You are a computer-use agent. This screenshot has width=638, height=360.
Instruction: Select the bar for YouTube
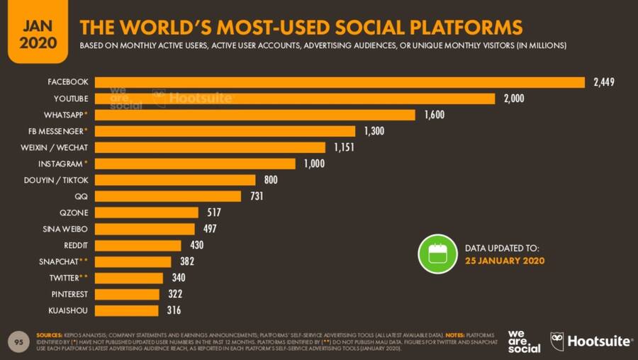coord(294,99)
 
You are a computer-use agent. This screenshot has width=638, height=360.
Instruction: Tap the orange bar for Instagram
coord(194,164)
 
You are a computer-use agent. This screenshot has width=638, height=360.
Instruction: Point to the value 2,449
coord(603,82)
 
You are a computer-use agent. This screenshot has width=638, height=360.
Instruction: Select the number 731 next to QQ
coord(256,196)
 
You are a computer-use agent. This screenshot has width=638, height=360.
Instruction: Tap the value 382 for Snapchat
coord(186,261)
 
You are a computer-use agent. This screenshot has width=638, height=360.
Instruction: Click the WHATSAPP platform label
coord(62,115)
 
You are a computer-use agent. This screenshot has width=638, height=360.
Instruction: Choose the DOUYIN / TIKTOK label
coord(56,180)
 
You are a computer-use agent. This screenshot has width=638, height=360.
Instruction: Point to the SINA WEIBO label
coord(66,229)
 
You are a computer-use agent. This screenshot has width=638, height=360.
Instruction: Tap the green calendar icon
coord(437,254)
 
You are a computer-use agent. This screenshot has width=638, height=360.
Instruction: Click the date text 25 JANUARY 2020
coord(505,261)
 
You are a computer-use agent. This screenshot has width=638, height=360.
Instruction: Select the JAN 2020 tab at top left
coord(33,32)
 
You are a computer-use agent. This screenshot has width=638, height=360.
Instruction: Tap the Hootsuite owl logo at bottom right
coord(559,341)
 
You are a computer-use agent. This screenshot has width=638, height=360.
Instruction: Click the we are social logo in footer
coord(524,341)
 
